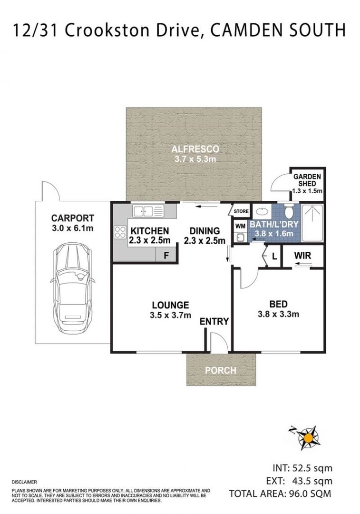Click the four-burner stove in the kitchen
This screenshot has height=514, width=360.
pos(120,232)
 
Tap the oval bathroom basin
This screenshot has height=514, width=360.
pos(261,211)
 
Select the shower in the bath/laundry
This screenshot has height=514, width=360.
pos(312,223)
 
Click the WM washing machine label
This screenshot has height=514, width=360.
pos(241,226)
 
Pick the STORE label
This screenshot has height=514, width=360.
pos(241,211)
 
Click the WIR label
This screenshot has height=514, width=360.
pos(302,256)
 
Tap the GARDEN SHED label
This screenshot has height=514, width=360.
pos(307,180)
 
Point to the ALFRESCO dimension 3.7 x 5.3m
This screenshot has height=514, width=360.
pos(195,159)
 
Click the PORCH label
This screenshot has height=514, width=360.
pos(221,370)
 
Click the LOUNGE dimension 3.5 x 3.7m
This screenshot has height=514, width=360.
pos(170,315)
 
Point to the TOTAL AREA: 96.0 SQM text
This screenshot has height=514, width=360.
pos(280,494)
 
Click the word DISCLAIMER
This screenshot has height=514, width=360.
pos(24,482)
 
